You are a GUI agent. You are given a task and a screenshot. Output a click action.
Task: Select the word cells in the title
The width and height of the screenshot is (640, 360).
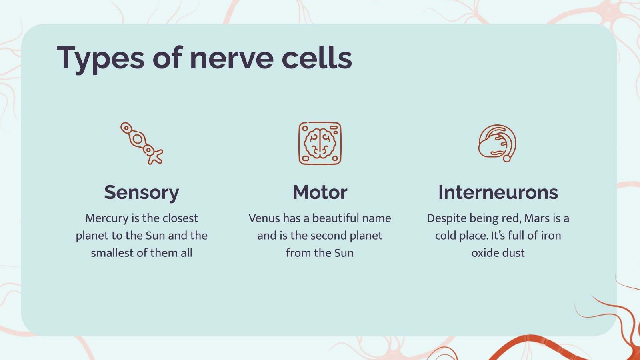click(317, 58)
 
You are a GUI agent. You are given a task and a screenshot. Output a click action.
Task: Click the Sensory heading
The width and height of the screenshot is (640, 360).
click(142, 192)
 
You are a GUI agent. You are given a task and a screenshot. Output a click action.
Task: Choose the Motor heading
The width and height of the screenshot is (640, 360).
click(320, 192)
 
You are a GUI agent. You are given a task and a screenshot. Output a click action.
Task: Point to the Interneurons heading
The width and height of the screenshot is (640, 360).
click(498, 192)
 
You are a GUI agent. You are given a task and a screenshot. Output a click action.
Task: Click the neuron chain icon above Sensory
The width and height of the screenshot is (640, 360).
click(142, 143)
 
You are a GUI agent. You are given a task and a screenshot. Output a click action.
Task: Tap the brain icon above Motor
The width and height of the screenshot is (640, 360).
click(320, 143)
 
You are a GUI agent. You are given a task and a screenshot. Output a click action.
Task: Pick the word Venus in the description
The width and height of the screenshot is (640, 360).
click(264, 218)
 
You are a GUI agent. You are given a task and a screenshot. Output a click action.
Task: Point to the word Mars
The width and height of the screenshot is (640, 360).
click(537, 218)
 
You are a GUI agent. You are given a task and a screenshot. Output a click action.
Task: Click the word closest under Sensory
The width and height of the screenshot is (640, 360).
click(180, 218)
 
